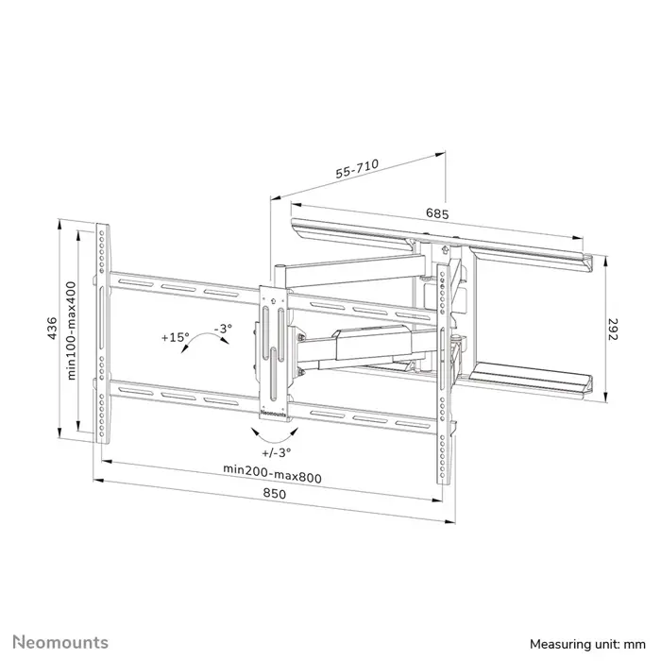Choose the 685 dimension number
(436, 213)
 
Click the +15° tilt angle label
(175, 337)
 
